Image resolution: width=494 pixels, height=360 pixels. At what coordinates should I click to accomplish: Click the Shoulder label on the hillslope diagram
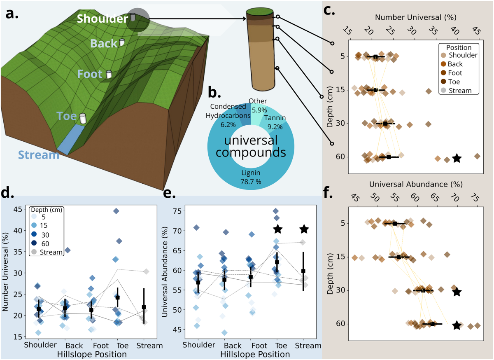(103, 19)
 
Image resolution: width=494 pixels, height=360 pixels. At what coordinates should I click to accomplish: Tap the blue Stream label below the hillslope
(39, 155)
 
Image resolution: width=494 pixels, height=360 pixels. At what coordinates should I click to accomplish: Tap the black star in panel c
(457, 158)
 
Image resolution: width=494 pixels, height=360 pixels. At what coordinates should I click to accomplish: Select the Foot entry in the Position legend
(455, 73)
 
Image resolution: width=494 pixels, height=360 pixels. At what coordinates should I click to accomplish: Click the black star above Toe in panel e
(277, 229)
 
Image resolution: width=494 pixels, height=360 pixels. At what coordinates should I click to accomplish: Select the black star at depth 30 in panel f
(457, 292)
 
